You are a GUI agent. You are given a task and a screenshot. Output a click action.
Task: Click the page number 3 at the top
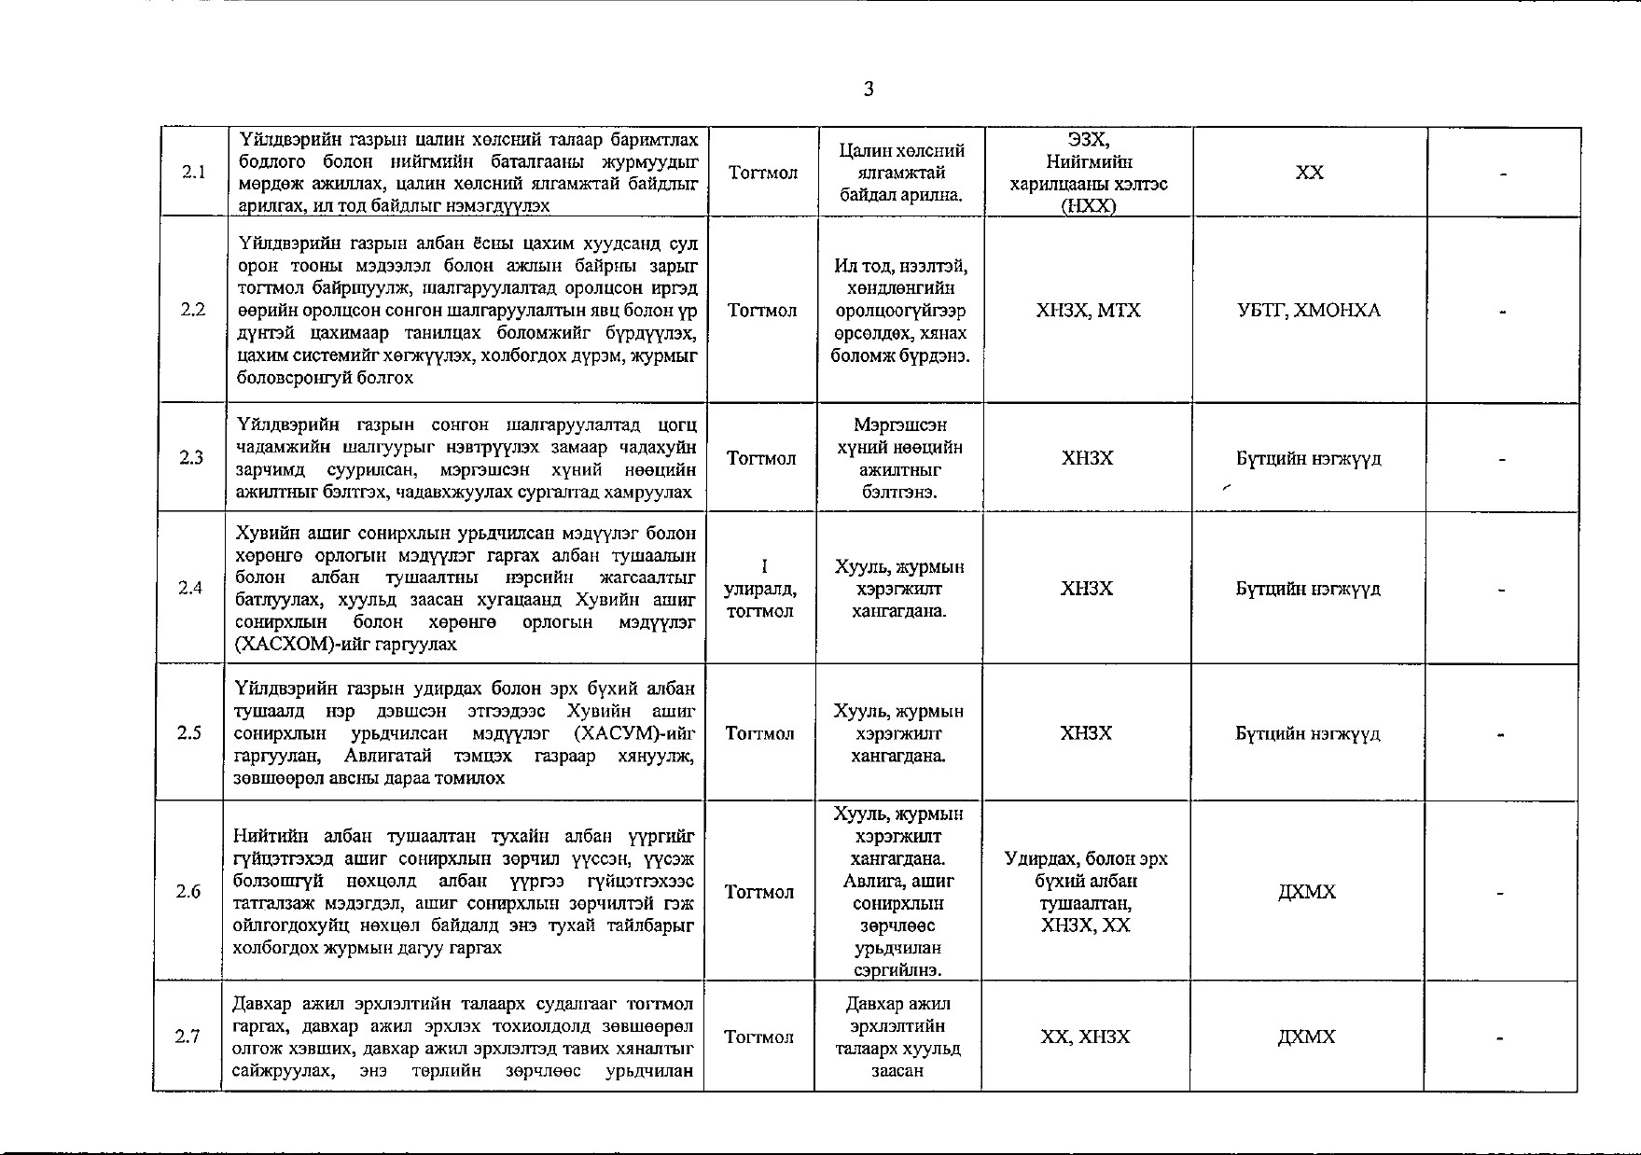(x=869, y=90)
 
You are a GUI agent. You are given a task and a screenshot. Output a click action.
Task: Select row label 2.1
(x=194, y=173)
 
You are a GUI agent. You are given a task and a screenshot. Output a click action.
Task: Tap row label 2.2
(x=193, y=310)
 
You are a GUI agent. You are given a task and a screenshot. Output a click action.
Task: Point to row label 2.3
(x=192, y=458)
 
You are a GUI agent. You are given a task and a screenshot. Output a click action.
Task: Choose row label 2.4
(x=191, y=588)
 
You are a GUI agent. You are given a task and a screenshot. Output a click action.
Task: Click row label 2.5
(x=190, y=733)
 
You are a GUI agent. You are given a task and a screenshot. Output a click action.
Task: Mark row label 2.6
(x=189, y=892)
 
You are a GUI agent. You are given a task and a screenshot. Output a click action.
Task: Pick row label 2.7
(x=188, y=1037)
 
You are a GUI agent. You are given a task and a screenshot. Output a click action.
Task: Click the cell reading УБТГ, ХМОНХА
(x=1309, y=311)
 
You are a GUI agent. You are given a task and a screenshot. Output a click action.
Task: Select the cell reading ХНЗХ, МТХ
(x=1088, y=311)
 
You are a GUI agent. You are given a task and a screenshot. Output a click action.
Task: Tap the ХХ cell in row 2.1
(x=1310, y=174)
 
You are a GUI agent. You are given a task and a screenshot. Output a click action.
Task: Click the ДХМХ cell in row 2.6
(x=1307, y=892)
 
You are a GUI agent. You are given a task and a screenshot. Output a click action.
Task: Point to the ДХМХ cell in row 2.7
(x=1306, y=1037)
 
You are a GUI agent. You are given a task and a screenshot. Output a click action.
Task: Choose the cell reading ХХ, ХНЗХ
(x=1085, y=1037)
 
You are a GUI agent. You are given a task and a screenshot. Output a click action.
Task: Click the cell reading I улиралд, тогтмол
(x=761, y=589)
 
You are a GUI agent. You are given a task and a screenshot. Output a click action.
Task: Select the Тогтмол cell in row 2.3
(x=762, y=458)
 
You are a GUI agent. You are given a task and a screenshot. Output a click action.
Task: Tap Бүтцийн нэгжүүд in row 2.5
(x=1308, y=733)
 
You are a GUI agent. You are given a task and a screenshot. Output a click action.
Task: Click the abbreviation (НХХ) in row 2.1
(x=1089, y=207)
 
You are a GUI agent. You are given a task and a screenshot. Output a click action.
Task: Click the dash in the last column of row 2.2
(x=1503, y=313)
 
